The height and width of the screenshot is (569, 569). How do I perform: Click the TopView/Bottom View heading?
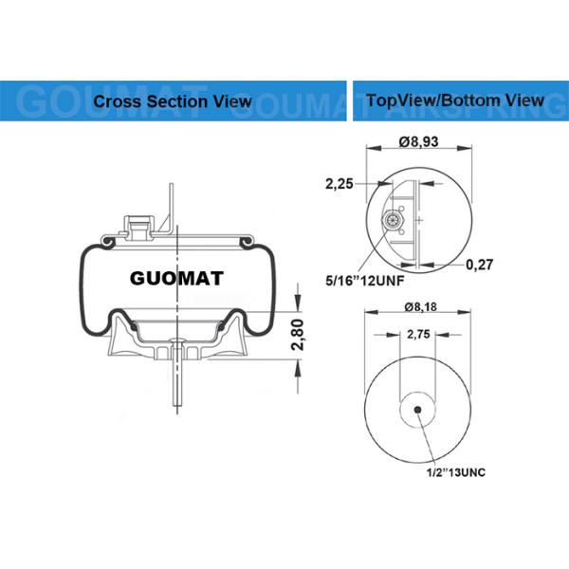click(x=454, y=100)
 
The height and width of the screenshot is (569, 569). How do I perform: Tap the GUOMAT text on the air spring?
click(x=175, y=279)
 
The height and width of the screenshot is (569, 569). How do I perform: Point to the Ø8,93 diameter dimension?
click(x=418, y=141)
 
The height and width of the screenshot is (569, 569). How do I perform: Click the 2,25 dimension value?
click(x=340, y=184)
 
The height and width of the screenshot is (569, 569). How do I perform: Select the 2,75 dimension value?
click(x=418, y=335)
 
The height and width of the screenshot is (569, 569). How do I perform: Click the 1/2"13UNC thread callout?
click(x=455, y=471)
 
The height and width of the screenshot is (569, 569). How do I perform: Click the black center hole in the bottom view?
click(x=419, y=411)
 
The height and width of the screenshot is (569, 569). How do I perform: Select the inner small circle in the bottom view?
click(x=419, y=411)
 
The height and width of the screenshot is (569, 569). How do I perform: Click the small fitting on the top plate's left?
click(x=136, y=225)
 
